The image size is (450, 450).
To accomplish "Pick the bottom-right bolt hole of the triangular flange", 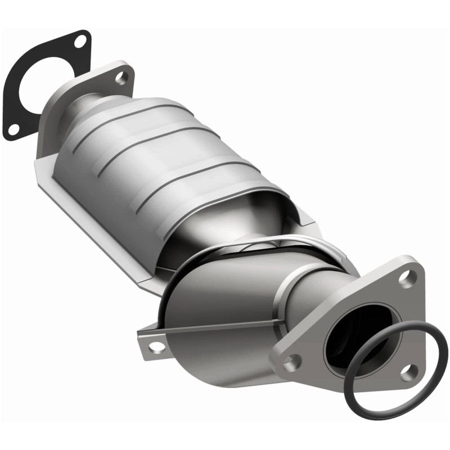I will coord(408,371).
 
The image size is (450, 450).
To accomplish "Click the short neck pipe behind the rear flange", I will coord(90,104).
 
